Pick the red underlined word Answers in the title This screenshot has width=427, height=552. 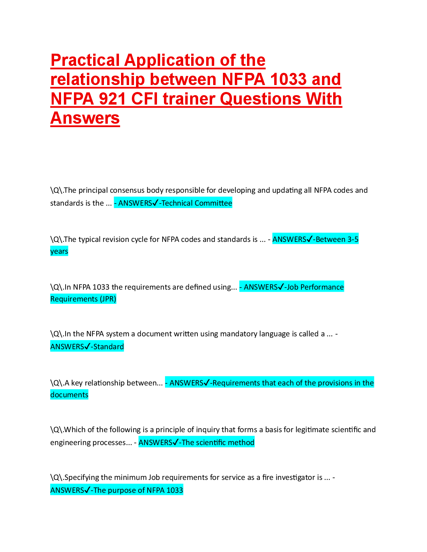(x=85, y=118)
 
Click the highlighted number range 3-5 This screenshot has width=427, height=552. (x=353, y=239)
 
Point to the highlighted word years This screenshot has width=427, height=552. (x=59, y=251)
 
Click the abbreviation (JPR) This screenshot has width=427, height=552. (x=108, y=299)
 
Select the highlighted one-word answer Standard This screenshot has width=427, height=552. (x=108, y=347)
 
